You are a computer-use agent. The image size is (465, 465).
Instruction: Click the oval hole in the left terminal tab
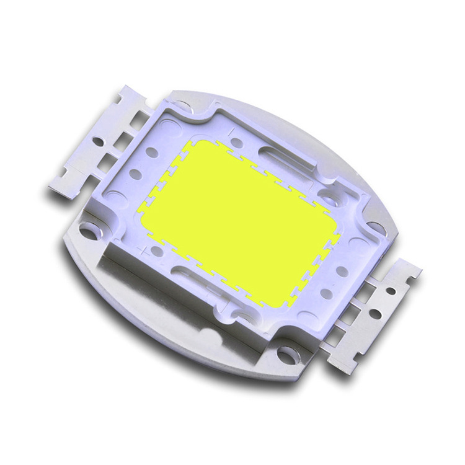tap(98, 141)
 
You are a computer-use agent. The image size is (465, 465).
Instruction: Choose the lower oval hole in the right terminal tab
tap(375, 314)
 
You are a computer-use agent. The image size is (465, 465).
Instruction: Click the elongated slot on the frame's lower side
tap(198, 275)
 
